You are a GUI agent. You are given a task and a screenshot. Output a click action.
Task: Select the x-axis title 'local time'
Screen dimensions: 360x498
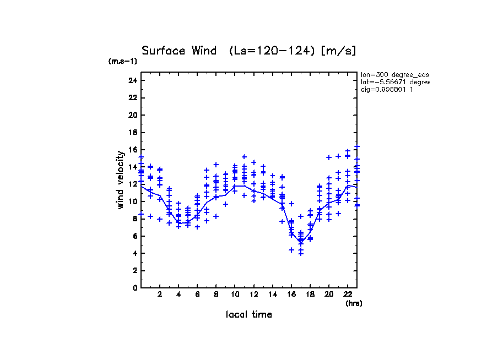click(x=249, y=314)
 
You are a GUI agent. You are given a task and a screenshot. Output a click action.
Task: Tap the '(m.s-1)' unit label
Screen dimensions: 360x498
click(x=123, y=61)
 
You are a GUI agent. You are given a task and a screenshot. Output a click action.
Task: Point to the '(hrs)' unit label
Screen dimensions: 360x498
click(x=354, y=303)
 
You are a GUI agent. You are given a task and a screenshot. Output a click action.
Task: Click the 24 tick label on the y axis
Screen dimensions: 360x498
click(x=132, y=80)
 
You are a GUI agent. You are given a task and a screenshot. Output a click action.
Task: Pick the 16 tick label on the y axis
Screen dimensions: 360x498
click(x=132, y=150)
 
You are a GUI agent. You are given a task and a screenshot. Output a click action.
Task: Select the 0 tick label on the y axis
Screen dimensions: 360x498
click(x=134, y=287)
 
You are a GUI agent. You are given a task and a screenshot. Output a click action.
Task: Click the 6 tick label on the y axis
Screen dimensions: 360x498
click(x=134, y=236)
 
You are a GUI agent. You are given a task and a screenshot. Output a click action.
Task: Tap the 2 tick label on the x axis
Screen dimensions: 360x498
click(x=160, y=294)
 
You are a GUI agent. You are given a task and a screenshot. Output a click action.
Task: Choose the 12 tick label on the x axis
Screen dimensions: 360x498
click(x=253, y=294)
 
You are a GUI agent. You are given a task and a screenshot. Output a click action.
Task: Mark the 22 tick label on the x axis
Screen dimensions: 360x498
click(x=348, y=294)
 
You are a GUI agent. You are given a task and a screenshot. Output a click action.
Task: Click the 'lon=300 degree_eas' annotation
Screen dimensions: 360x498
click(x=394, y=74)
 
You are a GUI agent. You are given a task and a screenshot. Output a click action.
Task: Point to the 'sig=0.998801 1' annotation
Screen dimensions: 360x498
click(x=387, y=89)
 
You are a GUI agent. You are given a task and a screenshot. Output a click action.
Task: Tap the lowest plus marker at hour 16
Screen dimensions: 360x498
click(x=291, y=250)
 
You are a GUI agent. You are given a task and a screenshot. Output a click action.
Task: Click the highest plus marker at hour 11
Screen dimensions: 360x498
click(x=244, y=157)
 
